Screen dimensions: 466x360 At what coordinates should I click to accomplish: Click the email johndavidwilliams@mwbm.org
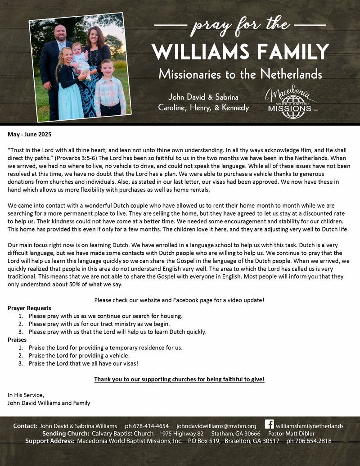coord(216,426)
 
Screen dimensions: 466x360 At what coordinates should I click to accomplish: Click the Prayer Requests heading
coord(29,308)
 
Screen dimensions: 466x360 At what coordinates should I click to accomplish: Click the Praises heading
coord(17,340)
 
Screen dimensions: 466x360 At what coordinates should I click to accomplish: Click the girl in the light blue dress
coord(67,90)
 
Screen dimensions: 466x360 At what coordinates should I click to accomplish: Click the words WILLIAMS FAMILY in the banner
coord(240,52)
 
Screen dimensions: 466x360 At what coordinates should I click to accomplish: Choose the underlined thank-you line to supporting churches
coord(179,380)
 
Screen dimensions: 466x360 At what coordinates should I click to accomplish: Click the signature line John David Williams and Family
coord(49,403)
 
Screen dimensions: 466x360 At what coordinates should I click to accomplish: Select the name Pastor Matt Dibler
coord(294,434)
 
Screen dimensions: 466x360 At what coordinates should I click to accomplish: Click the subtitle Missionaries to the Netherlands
coord(240,74)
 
